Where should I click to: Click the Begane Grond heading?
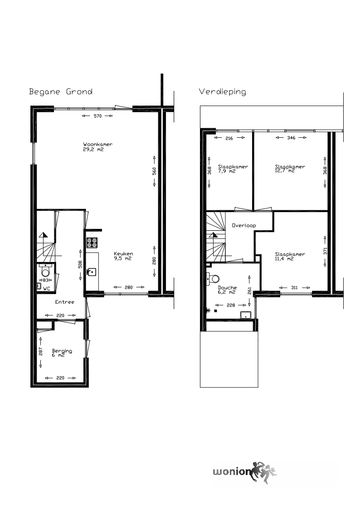tap(61, 92)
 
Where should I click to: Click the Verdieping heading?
tap(222, 92)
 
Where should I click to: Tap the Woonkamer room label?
tap(97, 146)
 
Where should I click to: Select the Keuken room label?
tap(123, 256)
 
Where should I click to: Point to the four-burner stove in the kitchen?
tap(92, 242)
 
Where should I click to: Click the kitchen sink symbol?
tap(92, 271)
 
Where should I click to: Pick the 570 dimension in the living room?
tap(97, 116)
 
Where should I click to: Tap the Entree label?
tap(64, 302)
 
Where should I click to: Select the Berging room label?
tap(62, 353)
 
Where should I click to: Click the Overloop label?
tap(244, 225)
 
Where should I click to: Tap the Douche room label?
tap(227, 290)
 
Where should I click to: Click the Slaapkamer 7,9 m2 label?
tap(233, 169)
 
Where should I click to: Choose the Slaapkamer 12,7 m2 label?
tap(290, 169)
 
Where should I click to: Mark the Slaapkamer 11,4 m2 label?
tap(290, 256)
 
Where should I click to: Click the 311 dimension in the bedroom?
tap(294, 287)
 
